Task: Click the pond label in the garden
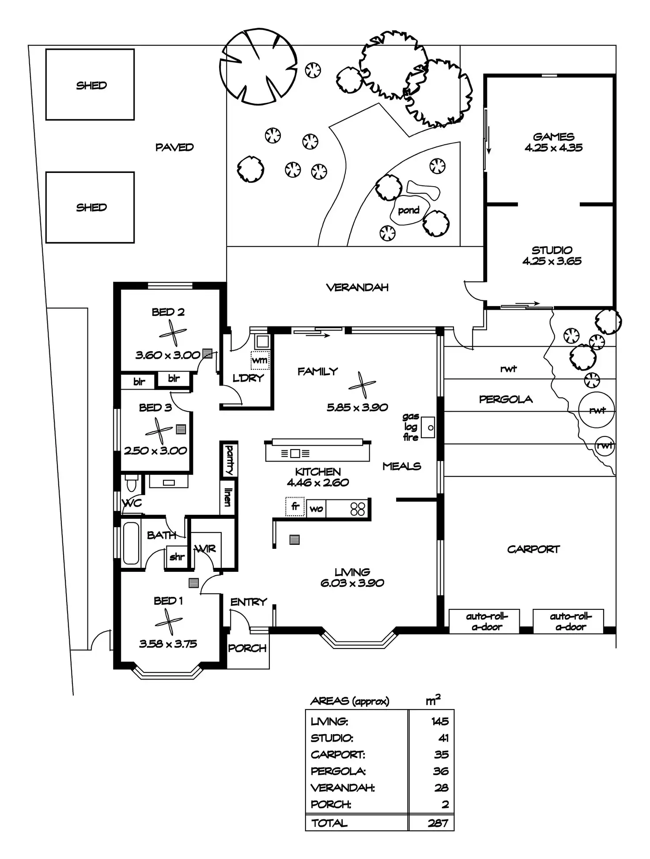tap(408, 210)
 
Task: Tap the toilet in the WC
tap(132, 484)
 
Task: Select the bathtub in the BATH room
tap(131, 543)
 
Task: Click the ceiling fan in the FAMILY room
tap(362, 385)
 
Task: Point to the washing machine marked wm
tap(260, 360)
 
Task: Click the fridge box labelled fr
tap(295, 506)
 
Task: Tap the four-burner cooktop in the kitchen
tap(358, 509)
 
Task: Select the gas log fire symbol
tap(427, 427)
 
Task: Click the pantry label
tap(229, 459)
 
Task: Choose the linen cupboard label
tap(228, 497)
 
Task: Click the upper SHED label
tap(91, 85)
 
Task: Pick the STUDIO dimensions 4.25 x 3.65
tap(552, 261)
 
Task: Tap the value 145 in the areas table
tap(440, 721)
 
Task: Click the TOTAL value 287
tap(438, 823)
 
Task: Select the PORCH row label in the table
tap(331, 804)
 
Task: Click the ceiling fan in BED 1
tap(168, 622)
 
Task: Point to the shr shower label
tap(177, 557)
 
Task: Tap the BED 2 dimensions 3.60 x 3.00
tap(168, 355)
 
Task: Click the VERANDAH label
tap(357, 288)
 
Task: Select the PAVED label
tap(174, 147)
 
